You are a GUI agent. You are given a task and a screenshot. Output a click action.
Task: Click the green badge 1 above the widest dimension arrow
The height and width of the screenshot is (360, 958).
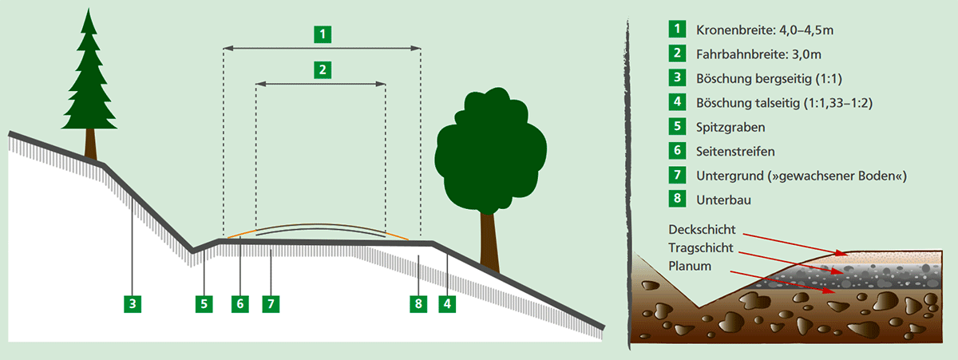[x=323, y=34]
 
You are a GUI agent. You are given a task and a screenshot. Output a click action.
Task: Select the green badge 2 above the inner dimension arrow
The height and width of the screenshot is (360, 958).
[x=323, y=69]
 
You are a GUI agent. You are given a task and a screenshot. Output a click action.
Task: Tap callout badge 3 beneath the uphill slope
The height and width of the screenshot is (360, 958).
[x=133, y=304]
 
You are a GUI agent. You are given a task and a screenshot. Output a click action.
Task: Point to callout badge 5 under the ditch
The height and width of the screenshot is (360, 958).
[x=204, y=304]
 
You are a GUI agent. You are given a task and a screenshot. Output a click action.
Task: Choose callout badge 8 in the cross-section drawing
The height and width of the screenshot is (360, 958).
[x=418, y=304]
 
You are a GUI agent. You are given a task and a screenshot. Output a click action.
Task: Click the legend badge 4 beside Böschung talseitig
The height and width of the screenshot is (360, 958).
[x=678, y=101]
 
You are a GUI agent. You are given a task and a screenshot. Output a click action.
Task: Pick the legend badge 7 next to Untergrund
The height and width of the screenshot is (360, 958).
[x=678, y=175]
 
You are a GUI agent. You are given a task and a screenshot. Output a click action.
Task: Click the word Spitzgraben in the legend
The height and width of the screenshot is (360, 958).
[x=730, y=128]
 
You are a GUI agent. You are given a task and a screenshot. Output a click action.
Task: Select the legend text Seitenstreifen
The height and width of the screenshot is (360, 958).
[x=735, y=152]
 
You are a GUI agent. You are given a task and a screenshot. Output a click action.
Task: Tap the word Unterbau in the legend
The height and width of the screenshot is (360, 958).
[x=723, y=200]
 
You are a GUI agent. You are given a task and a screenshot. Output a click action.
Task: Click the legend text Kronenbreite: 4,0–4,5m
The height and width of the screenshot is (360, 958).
[x=765, y=30]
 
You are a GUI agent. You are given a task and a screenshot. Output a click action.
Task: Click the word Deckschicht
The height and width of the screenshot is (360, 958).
[x=702, y=230]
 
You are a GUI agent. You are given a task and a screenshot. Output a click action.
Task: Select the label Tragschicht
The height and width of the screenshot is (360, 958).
[x=701, y=248]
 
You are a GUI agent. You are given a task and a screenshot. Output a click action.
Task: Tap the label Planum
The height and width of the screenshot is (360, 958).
[x=690, y=266]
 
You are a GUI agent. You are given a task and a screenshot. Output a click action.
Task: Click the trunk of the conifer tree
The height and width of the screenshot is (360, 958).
[x=90, y=144]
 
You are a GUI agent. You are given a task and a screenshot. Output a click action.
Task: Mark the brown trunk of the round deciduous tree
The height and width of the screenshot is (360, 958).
[x=489, y=242]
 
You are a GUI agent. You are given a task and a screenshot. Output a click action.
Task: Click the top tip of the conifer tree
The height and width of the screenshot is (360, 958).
[x=89, y=9]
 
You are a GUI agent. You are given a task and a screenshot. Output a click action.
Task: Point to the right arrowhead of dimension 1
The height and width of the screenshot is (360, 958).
[x=416, y=49]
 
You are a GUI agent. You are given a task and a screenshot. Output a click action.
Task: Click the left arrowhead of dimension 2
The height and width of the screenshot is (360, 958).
[x=261, y=85]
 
